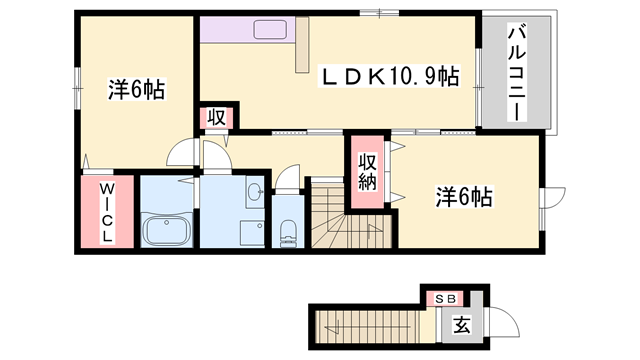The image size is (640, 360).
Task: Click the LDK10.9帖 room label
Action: click(x=389, y=76)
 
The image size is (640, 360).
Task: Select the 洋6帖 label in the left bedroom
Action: click(x=136, y=90)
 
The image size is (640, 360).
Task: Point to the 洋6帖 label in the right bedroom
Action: click(x=463, y=197)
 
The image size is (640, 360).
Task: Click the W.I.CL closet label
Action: click(x=106, y=210)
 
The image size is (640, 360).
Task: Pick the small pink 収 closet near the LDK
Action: click(x=216, y=117)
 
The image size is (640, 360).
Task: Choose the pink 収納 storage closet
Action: click(x=367, y=172)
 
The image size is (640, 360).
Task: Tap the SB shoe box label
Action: click(x=446, y=298)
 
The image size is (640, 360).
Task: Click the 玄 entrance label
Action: click(x=462, y=325)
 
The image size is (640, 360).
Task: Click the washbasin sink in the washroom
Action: click(x=253, y=192)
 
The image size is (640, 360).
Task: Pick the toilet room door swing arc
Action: click(x=288, y=180)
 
